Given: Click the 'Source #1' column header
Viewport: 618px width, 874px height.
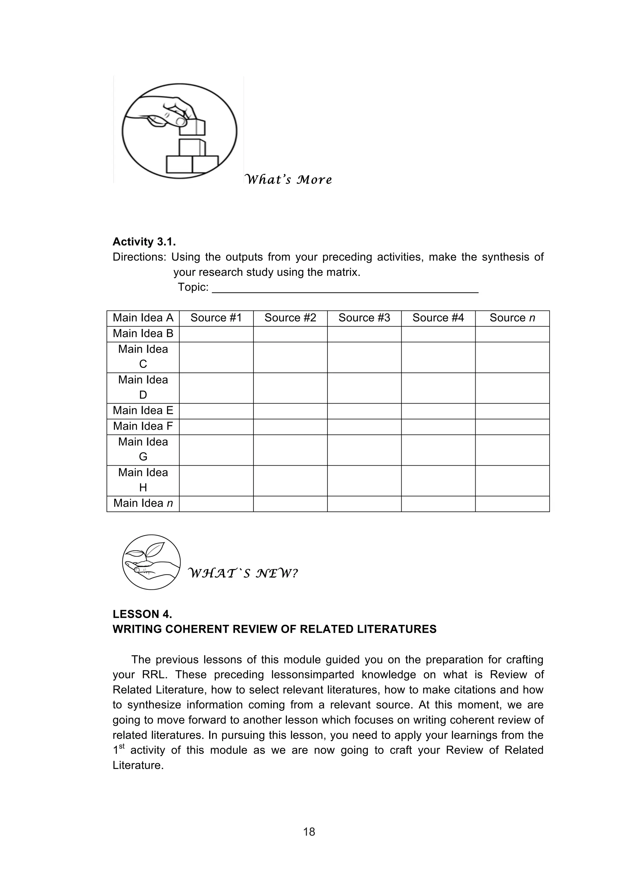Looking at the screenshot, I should point(216,318).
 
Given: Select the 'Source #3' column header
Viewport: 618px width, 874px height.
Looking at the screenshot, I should point(364,318).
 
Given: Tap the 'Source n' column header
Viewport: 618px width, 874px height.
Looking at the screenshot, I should point(512,318).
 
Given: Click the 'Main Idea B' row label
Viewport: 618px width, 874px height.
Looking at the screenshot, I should point(143,333).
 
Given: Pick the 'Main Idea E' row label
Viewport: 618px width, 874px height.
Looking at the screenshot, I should point(143,410).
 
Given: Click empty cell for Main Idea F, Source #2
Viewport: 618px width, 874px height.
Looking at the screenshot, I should point(290,426).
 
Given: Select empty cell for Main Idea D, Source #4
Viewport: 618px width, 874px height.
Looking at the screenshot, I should point(438,388).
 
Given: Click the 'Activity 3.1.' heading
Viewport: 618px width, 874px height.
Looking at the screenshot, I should point(144,242).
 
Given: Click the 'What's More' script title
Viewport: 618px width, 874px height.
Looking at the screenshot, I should point(288,180).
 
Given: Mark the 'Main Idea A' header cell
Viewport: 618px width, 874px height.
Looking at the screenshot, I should point(143,318).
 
